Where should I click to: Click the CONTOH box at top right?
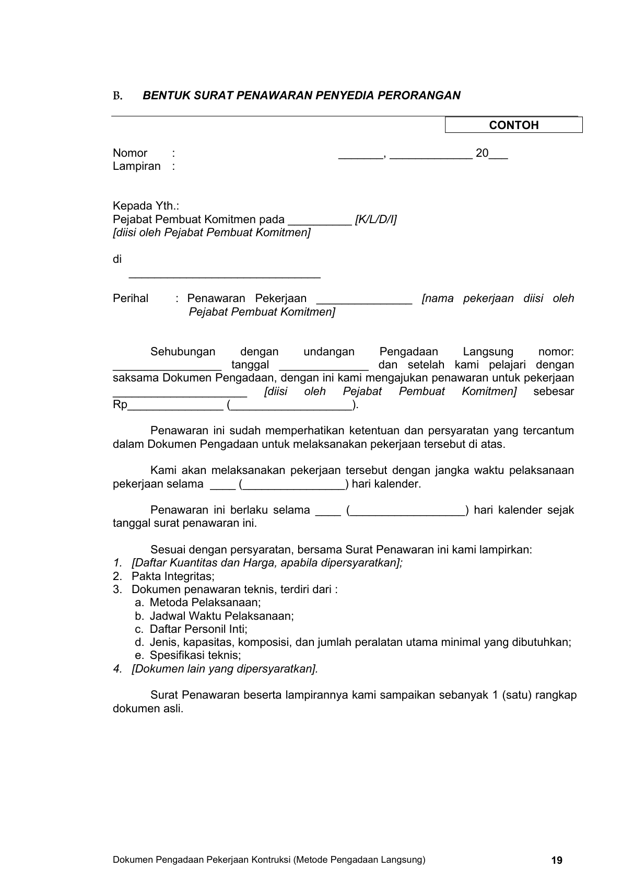(513, 125)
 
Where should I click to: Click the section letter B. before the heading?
(118, 96)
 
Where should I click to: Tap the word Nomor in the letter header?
(130, 153)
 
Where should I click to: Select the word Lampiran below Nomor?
(137, 166)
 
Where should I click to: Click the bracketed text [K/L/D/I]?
(375, 219)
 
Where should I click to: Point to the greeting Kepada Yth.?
(146, 206)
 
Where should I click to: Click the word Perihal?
(131, 298)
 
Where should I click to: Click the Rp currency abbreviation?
(120, 405)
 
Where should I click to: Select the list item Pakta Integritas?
(173, 576)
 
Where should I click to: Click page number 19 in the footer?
(557, 860)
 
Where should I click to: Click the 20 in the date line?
(482, 153)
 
